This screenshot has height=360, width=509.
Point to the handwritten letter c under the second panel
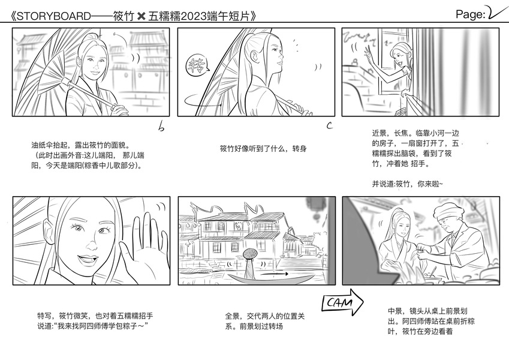pyautogui.click(x=329, y=125)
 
